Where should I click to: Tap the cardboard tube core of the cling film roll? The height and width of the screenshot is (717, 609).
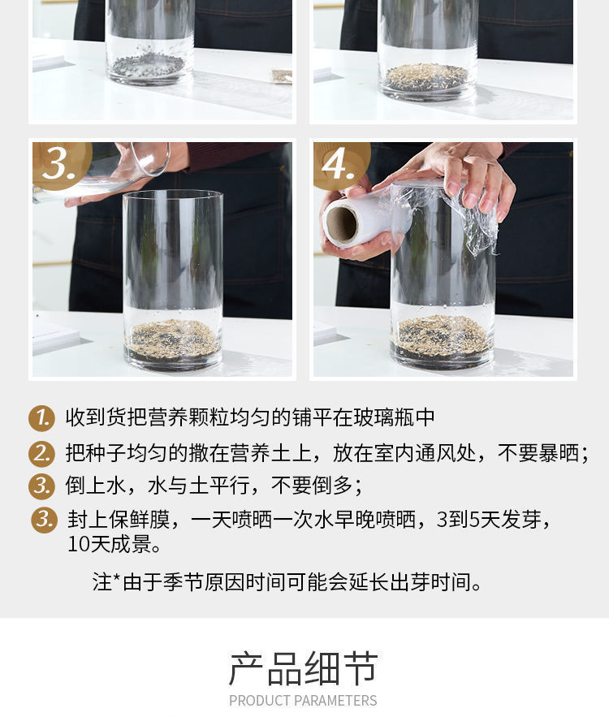[x=341, y=224]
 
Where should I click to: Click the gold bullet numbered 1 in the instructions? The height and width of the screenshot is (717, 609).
[x=41, y=418]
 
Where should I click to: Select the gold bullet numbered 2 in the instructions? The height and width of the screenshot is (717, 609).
[x=41, y=454]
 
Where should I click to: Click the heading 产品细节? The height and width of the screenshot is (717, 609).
[x=304, y=668]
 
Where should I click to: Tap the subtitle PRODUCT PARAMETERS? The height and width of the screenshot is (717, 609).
[x=303, y=701]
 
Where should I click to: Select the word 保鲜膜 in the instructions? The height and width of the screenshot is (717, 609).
[x=140, y=520]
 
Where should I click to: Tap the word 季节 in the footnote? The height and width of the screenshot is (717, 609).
[x=183, y=582]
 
